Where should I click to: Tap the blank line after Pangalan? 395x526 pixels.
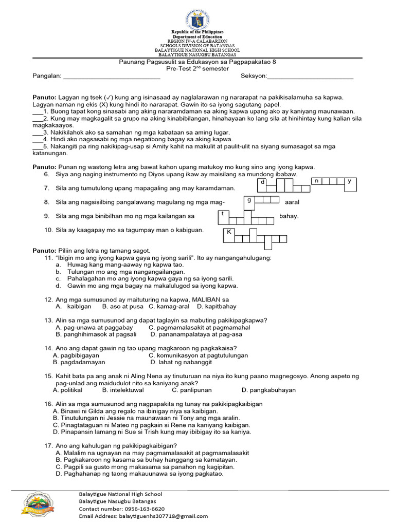pos(111,77)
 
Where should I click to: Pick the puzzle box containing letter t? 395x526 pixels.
pos(223,213)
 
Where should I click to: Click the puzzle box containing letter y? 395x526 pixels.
pos(350,181)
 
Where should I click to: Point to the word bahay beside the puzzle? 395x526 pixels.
pos(289,216)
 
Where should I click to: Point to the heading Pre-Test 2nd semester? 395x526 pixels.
pos(197,68)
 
